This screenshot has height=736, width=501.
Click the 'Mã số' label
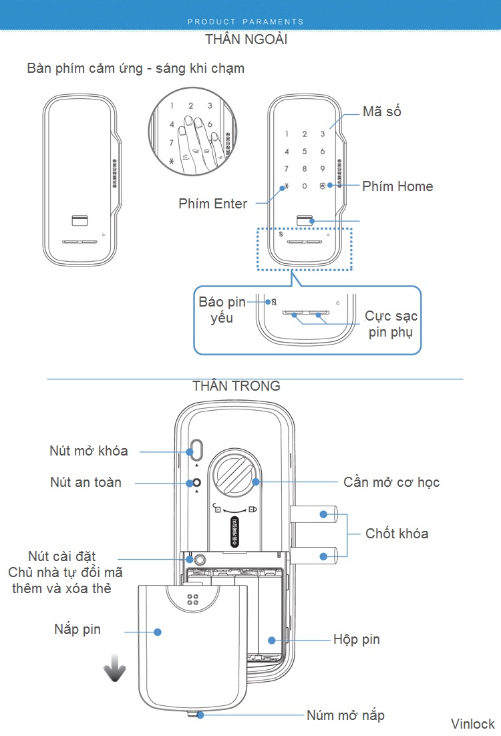(x=382, y=112)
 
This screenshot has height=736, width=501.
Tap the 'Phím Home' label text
(x=397, y=186)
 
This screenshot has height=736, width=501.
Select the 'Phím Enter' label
(x=213, y=204)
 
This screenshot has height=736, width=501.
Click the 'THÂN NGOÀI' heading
(x=246, y=39)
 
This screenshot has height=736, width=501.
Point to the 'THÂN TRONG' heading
(x=236, y=386)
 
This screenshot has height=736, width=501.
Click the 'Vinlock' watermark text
(x=472, y=724)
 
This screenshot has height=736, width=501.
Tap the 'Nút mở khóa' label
(x=88, y=451)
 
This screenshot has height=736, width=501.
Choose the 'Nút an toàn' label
(x=86, y=482)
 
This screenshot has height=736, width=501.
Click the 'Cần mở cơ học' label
(x=391, y=482)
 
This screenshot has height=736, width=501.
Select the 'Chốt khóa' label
(x=397, y=534)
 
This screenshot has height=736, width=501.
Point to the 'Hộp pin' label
(x=357, y=639)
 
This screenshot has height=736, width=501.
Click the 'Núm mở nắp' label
(x=345, y=715)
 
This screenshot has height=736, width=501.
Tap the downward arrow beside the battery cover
(x=115, y=669)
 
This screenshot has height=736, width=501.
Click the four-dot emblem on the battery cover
(x=194, y=600)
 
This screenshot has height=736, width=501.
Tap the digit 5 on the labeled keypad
(x=305, y=152)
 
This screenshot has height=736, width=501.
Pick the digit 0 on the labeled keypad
(x=305, y=186)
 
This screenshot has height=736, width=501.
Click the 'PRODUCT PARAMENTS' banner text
(x=246, y=21)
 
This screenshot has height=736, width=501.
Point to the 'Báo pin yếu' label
(x=221, y=310)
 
